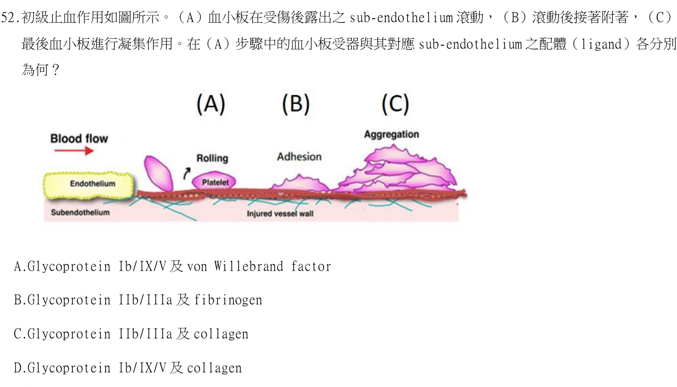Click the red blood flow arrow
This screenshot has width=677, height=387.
click(74, 150)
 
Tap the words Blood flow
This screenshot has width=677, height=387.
click(79, 138)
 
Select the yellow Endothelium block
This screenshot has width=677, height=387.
click(89, 186)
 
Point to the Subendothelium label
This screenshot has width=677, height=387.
click(80, 212)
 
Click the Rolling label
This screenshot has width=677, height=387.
click(212, 158)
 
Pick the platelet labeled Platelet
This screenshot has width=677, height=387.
click(214, 181)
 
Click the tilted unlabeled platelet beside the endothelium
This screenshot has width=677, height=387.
click(158, 173)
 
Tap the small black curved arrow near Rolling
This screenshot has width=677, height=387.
click(187, 173)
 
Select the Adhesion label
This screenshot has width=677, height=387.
click(299, 157)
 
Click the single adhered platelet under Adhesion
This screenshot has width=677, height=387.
click(300, 183)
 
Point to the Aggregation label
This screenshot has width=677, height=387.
click(392, 134)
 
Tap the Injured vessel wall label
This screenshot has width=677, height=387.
click(280, 214)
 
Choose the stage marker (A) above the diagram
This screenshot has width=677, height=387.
click(211, 104)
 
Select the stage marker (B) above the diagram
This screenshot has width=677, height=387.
click(296, 104)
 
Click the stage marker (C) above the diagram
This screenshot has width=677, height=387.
click(395, 104)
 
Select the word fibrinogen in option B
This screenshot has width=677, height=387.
click(228, 300)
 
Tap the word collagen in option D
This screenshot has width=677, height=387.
click(214, 368)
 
